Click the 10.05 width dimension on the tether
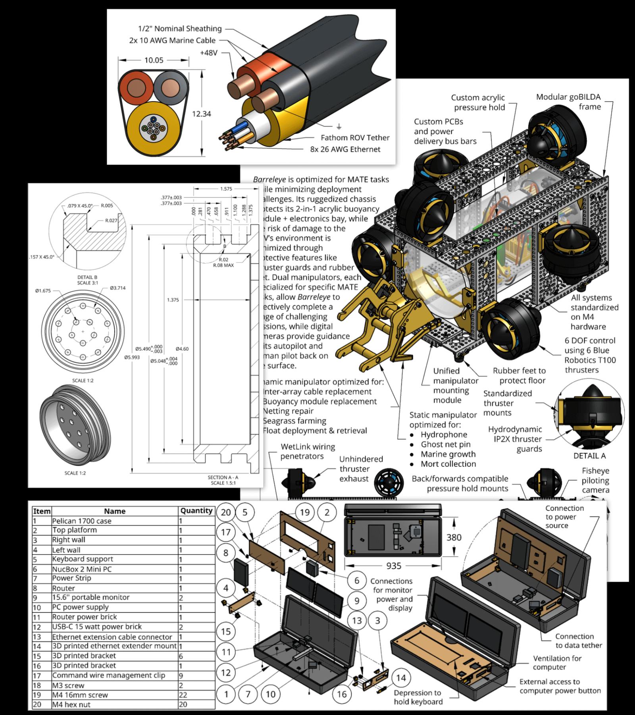click(154, 60)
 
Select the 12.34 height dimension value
click(202, 114)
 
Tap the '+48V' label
click(209, 53)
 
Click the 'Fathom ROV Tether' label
click(355, 138)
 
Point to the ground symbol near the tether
click(339, 126)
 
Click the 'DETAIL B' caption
click(87, 277)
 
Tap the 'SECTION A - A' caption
click(223, 477)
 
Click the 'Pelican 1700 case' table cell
click(82, 521)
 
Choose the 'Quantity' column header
click(196, 511)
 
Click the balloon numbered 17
click(225, 532)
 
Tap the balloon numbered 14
click(401, 678)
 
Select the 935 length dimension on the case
click(393, 566)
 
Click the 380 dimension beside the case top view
click(454, 537)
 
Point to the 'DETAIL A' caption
click(589, 456)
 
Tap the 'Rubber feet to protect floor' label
click(519, 375)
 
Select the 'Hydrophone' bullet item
click(444, 435)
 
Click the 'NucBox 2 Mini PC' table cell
click(82, 569)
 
